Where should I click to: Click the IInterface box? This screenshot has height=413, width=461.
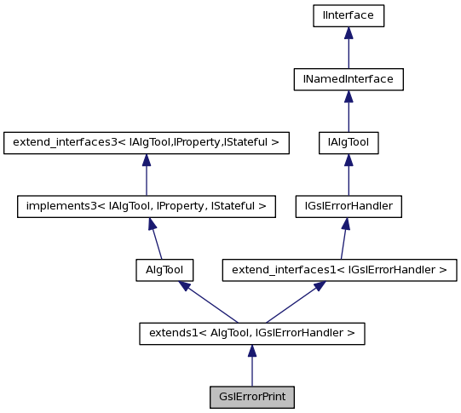[x=348, y=15]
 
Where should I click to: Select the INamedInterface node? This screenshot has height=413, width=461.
[x=348, y=79]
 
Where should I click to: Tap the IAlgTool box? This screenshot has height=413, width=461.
[x=348, y=142]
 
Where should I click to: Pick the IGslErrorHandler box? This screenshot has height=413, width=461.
[x=348, y=206]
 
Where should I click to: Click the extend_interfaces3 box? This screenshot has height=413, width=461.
[x=146, y=142]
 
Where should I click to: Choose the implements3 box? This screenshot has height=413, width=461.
[x=146, y=206]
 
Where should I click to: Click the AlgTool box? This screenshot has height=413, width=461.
[x=164, y=270]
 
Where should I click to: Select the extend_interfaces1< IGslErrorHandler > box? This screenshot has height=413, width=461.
[x=339, y=270]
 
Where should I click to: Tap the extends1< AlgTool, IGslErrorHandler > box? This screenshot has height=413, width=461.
[x=251, y=333]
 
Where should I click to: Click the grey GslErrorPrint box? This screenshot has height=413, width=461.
[x=251, y=397]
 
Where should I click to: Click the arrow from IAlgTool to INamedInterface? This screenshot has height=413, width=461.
[x=348, y=111]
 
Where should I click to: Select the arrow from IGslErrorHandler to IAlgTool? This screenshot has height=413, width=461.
[x=348, y=175]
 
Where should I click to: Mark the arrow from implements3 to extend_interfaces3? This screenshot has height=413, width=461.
[x=146, y=175]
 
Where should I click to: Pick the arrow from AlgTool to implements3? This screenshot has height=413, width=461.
[x=154, y=238]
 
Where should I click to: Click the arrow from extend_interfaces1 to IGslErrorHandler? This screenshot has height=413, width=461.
[x=343, y=238]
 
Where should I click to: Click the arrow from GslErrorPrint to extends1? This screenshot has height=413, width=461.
[x=251, y=365]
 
